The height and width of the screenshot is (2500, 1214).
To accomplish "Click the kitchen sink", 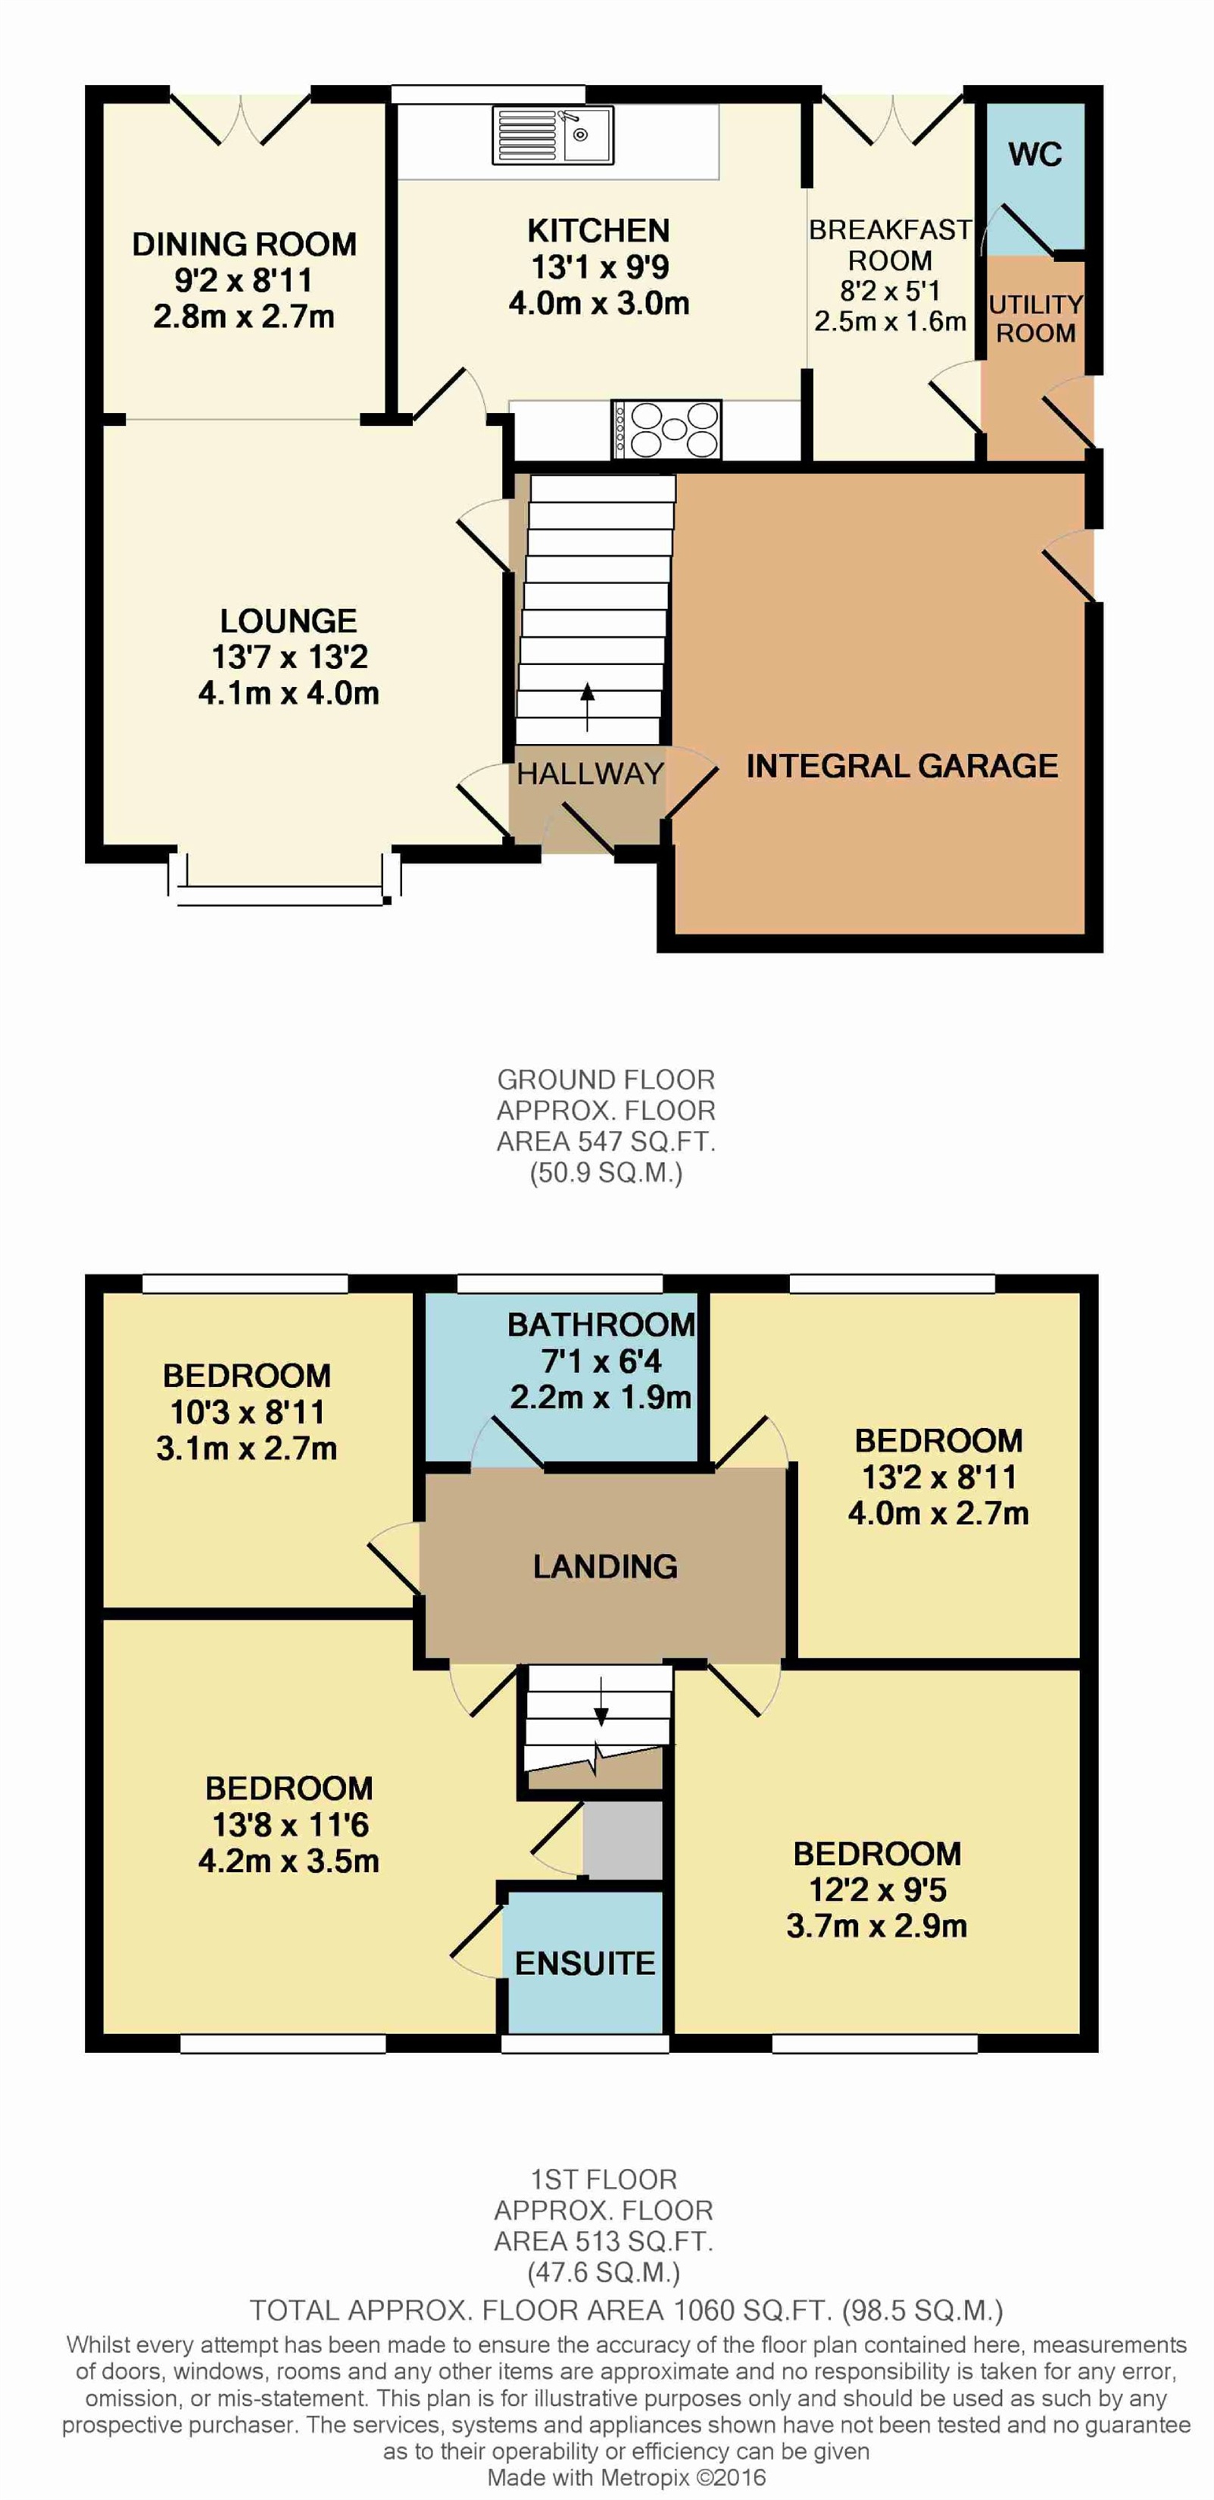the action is coord(553,134).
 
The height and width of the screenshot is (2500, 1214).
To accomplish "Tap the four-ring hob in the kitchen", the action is coord(666,429).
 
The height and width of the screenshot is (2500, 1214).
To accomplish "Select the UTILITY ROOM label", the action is coord(1035,318).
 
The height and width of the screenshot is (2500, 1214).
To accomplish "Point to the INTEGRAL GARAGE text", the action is coord(901,766).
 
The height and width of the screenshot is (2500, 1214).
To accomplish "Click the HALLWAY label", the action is coord(590,773).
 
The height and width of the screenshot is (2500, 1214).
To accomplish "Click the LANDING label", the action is coord(606,1565).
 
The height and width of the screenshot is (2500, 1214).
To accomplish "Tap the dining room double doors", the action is coord(242,117).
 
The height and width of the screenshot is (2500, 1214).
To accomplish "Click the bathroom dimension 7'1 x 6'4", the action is coord(601,1361).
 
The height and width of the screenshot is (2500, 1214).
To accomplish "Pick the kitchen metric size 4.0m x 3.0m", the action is coord(599,303).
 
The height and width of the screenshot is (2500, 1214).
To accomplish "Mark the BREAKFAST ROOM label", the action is coord(890,245).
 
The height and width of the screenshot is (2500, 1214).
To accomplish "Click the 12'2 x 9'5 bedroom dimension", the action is coord(877,1890).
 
